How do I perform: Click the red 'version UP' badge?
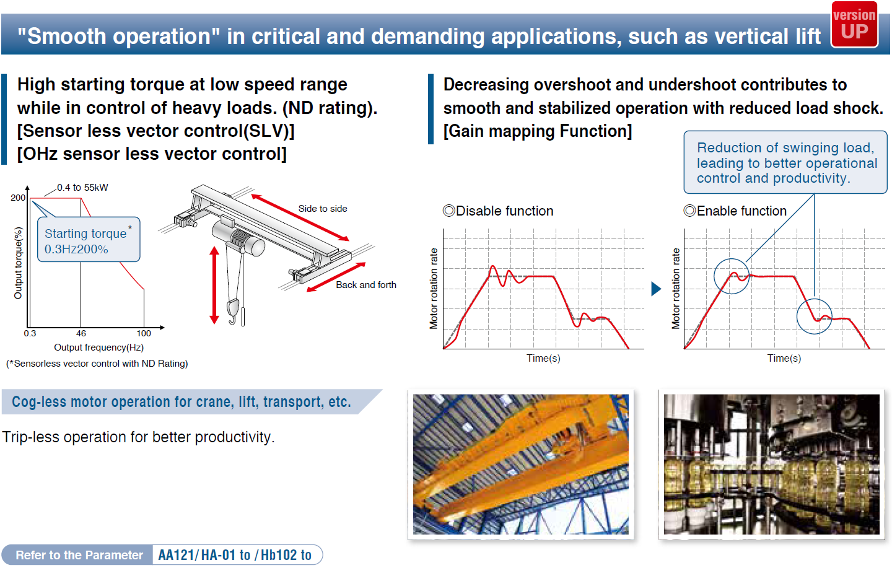tap(854, 25)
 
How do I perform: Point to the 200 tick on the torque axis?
tap(18, 198)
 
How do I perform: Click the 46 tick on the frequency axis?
tap(81, 333)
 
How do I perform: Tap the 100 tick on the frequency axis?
tap(144, 333)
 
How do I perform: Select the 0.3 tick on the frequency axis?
tap(30, 333)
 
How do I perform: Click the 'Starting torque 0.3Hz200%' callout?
tap(89, 239)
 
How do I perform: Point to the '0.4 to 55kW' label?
tap(82, 188)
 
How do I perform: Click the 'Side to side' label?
tap(323, 209)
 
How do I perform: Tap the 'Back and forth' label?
tap(366, 285)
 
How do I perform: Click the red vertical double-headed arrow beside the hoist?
tap(214, 285)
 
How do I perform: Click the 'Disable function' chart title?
tap(498, 211)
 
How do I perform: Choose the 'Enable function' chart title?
tap(735, 211)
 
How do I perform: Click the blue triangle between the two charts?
tap(656, 289)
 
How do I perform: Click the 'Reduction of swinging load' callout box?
tap(785, 162)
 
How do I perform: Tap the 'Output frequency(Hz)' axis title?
tap(98, 347)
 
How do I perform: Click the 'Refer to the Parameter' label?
tap(79, 555)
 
